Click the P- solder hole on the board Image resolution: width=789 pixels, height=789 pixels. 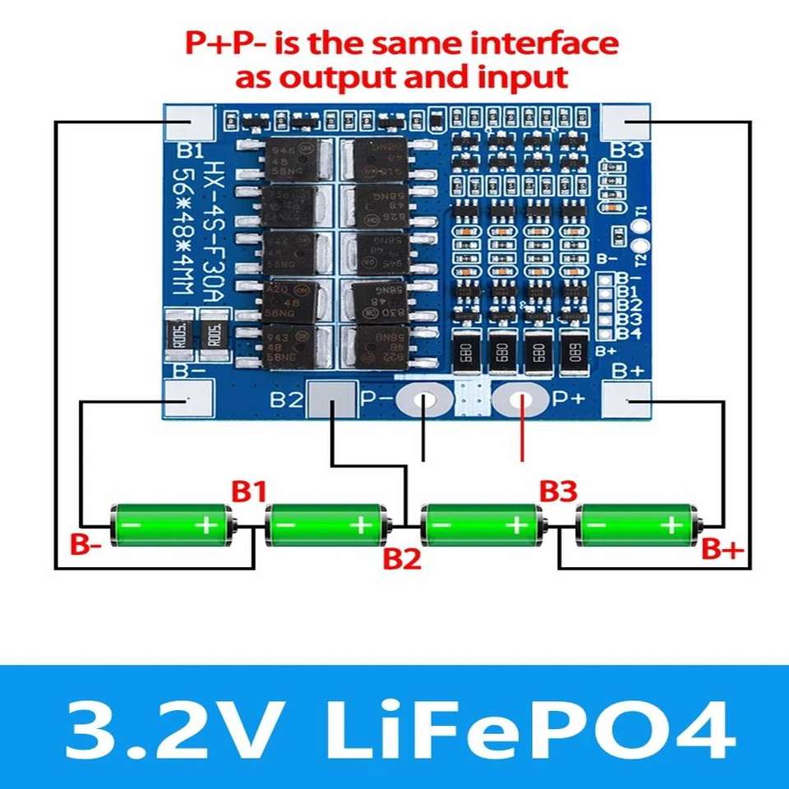pyautogui.click(x=424, y=401)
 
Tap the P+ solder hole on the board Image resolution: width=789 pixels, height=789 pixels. pyautogui.click(x=519, y=401)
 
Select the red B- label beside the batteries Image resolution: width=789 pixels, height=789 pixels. pyautogui.click(x=85, y=545)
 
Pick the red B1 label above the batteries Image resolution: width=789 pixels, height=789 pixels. pyautogui.click(x=248, y=491)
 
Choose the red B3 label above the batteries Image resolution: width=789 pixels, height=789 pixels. pyautogui.click(x=558, y=491)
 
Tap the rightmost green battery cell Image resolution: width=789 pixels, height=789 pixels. pyautogui.click(x=639, y=524)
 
